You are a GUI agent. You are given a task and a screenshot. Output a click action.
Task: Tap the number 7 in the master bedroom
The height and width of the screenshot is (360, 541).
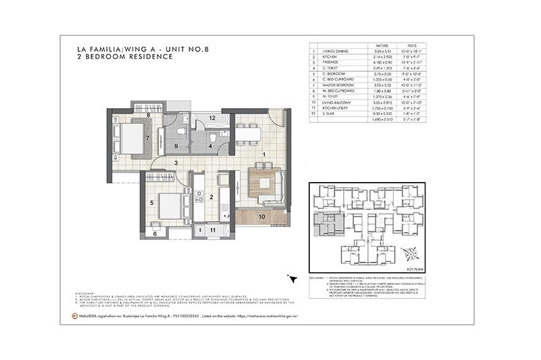147,138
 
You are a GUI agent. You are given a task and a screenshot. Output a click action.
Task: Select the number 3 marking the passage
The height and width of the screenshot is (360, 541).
176,163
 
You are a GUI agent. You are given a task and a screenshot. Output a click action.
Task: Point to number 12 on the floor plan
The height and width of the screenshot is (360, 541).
212,118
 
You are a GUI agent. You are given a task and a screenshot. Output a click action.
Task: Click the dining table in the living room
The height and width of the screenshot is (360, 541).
248,133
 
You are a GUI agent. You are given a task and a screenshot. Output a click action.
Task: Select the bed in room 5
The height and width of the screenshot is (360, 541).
170,206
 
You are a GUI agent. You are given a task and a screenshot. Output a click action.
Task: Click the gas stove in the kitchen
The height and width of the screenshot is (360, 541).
199,196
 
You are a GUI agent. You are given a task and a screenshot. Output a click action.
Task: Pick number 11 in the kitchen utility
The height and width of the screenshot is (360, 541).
212,230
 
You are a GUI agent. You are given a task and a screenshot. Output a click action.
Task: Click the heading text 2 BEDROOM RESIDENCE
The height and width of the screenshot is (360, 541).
124,57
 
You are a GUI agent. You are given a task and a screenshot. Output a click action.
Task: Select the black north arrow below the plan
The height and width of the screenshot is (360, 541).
292,278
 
